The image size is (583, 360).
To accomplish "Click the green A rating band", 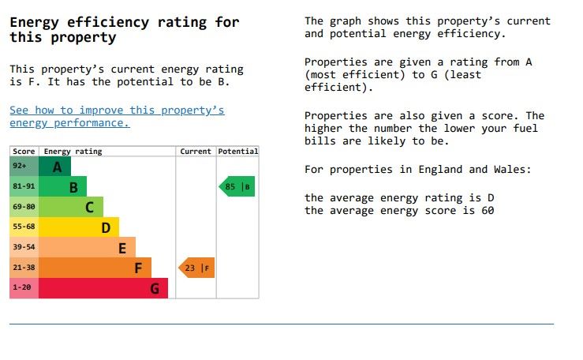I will [x=54, y=167].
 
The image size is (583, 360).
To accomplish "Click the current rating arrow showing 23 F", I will [x=196, y=268].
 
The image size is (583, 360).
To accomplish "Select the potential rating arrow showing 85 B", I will [x=237, y=187].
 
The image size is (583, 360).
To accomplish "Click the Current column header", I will [x=196, y=152].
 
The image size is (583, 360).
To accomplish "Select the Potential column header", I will [x=237, y=152].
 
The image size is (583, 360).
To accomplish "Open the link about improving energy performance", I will [x=117, y=116].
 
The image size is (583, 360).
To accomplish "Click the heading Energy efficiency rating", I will [x=124, y=29].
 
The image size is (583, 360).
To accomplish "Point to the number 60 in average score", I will [x=488, y=211].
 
